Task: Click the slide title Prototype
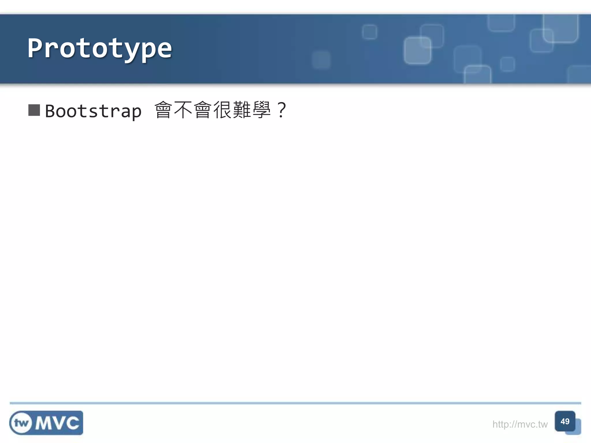(x=100, y=48)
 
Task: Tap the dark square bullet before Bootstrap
(x=34, y=110)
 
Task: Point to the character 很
(x=222, y=110)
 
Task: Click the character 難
(x=242, y=110)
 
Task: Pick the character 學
(x=261, y=110)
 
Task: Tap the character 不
(x=183, y=110)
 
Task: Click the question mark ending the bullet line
(x=281, y=110)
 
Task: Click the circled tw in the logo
(x=21, y=423)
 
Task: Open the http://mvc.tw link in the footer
(x=520, y=424)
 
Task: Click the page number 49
(x=565, y=421)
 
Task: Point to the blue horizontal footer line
(x=295, y=403)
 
